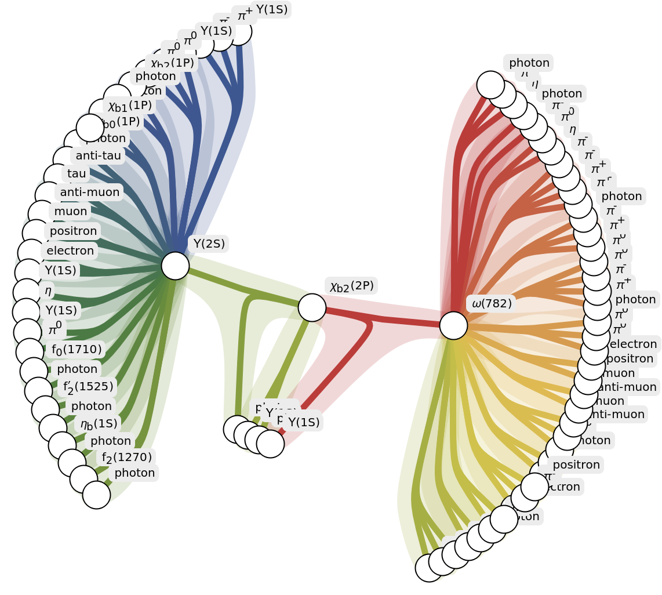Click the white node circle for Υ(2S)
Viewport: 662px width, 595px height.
tap(175, 266)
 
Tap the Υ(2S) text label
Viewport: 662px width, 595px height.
tap(209, 244)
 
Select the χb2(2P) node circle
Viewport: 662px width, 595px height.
tap(312, 308)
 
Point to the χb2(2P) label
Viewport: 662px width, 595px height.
tap(352, 286)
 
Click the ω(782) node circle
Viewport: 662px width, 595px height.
tap(453, 325)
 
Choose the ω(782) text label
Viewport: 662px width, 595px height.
tap(492, 304)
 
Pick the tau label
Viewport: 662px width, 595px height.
tap(77, 173)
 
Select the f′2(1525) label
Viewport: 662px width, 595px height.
tap(88, 387)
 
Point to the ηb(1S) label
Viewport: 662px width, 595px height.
tap(99, 424)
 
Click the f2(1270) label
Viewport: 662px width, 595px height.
tap(127, 458)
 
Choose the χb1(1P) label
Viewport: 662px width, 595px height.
tap(130, 106)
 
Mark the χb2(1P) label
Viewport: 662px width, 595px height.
tap(172, 63)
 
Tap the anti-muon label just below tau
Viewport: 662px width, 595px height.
tap(90, 192)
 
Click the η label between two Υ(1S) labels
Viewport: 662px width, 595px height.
tap(48, 291)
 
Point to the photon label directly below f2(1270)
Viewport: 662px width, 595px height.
tap(134, 473)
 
